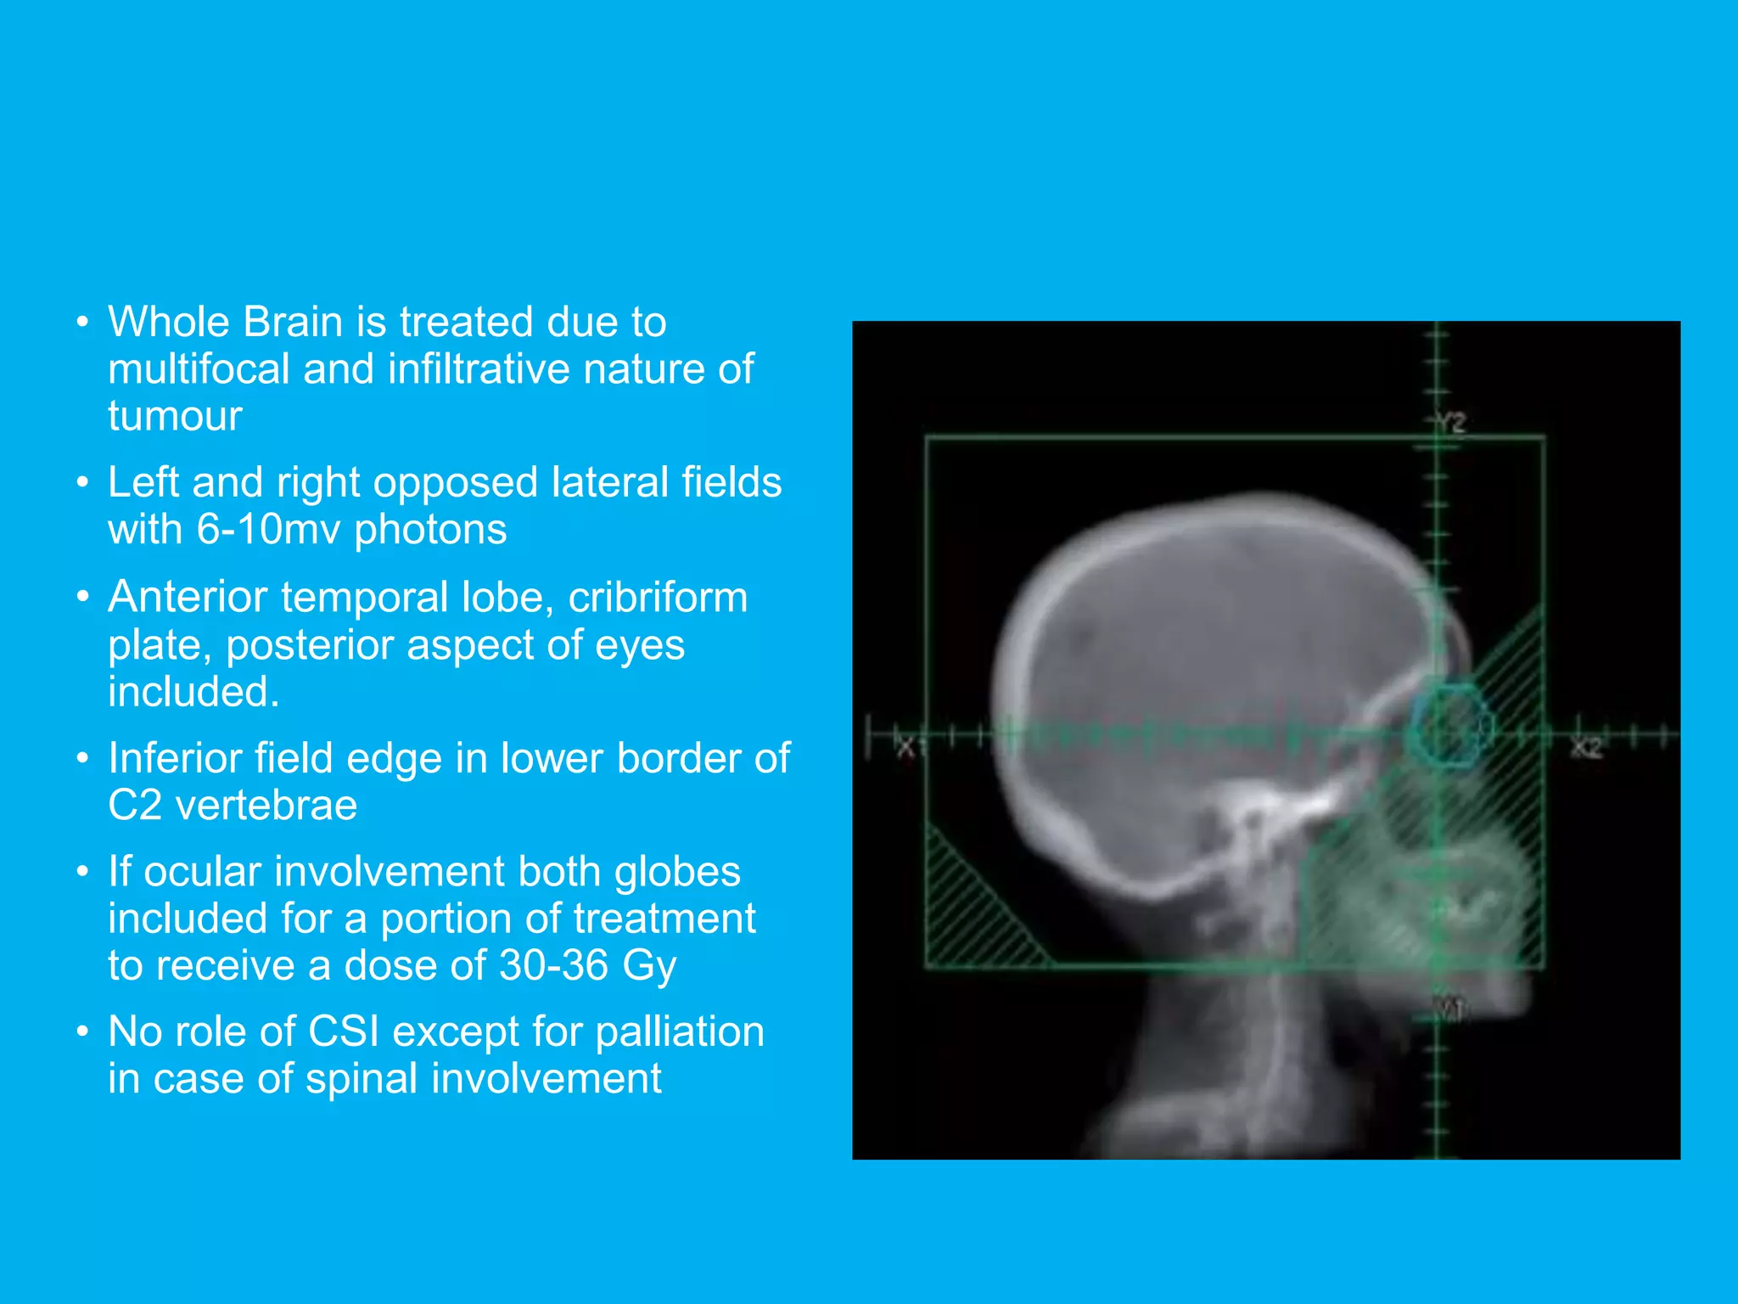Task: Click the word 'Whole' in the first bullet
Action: (x=168, y=323)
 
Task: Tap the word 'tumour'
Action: (x=175, y=417)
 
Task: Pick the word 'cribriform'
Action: (x=658, y=598)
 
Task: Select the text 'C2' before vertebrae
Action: (x=134, y=806)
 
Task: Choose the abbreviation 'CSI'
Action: (x=344, y=1032)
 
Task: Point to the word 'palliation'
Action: (x=679, y=1033)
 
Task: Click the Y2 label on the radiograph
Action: (x=1452, y=423)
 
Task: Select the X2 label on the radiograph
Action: (x=1585, y=748)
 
